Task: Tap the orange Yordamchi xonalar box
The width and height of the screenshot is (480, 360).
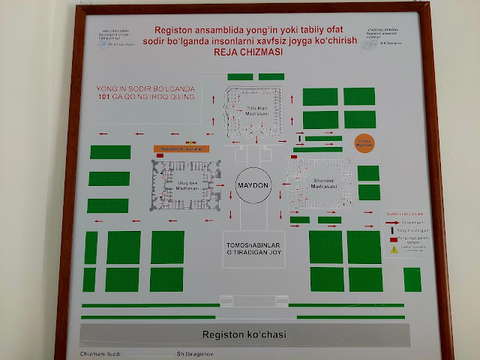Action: (x=181, y=148)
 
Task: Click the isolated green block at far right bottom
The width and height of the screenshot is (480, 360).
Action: (x=412, y=278)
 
